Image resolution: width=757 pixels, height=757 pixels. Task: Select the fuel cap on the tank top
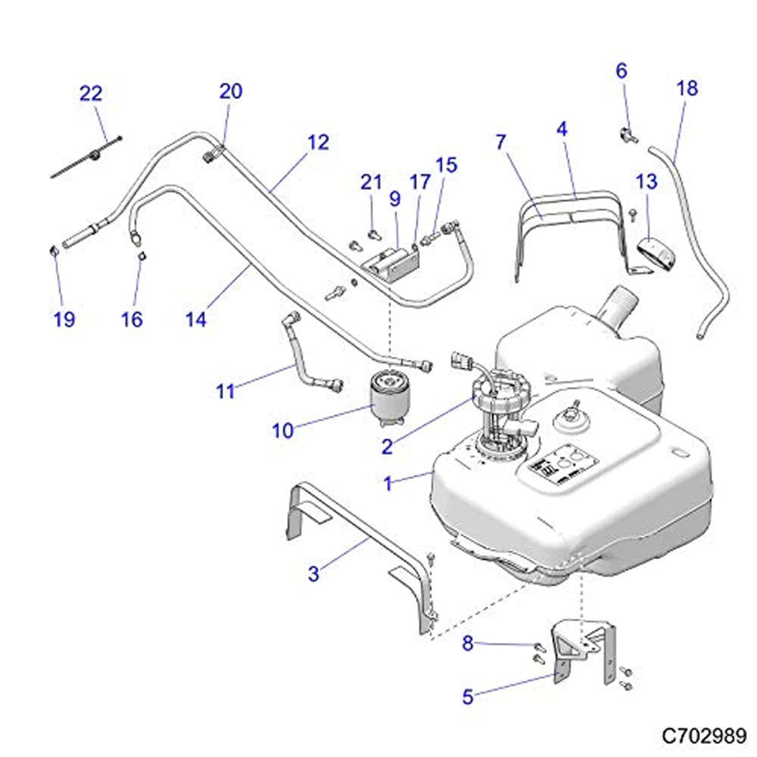(568, 419)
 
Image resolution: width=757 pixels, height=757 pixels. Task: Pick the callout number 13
(646, 182)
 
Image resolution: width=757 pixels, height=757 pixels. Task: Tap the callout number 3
(314, 574)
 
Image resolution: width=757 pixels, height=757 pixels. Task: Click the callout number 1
(388, 483)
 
